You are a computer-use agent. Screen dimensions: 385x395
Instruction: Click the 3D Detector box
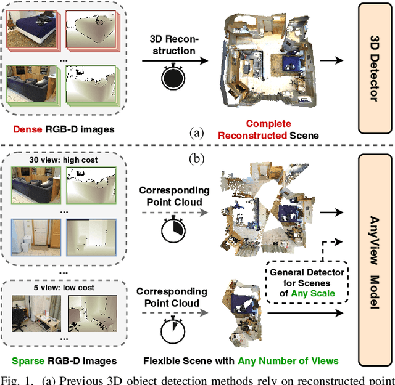(375, 68)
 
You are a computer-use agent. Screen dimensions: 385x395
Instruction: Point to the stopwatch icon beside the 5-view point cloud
(172, 331)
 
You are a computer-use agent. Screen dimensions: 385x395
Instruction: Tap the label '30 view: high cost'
(64, 161)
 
